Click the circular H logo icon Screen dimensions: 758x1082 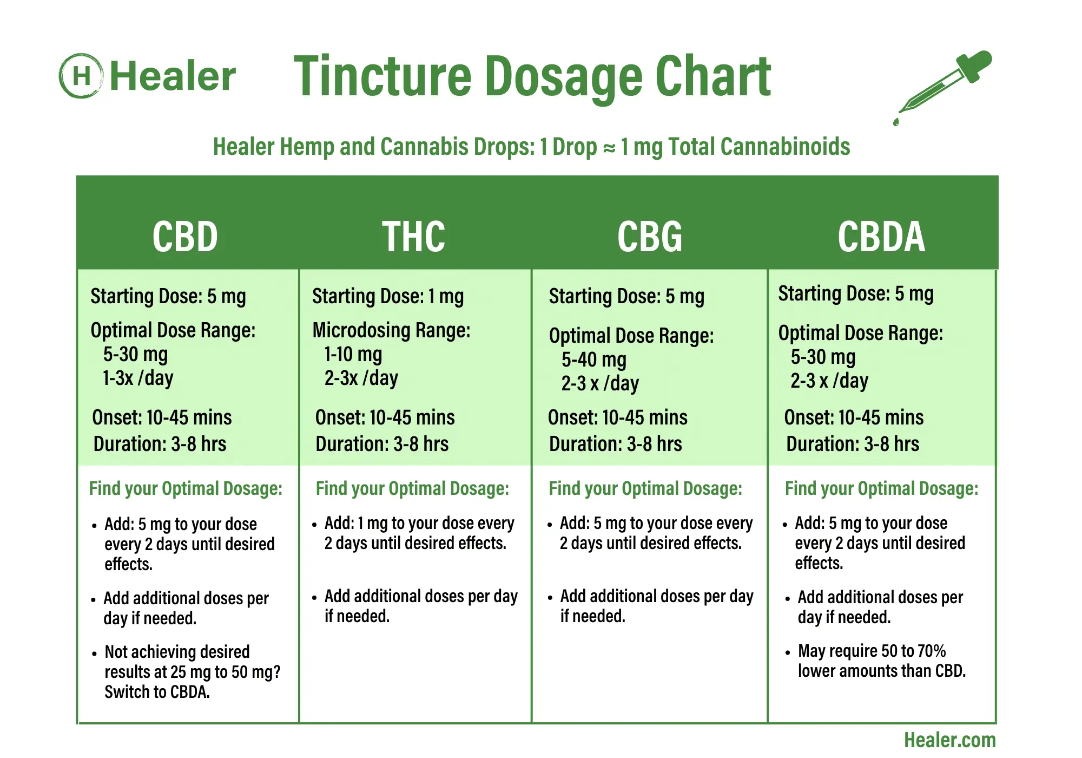click(x=81, y=76)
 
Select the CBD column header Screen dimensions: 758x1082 click(x=185, y=237)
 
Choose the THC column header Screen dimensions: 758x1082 click(x=414, y=237)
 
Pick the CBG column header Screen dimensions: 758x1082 click(x=650, y=237)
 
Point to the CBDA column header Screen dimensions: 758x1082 click(x=881, y=237)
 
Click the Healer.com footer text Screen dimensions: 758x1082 click(x=949, y=740)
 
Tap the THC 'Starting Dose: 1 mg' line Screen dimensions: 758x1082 click(x=388, y=296)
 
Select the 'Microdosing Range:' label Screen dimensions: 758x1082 click(x=391, y=330)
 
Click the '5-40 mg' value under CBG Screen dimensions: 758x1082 click(x=593, y=360)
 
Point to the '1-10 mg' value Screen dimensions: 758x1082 click(x=353, y=355)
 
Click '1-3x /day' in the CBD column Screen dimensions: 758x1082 click(x=138, y=378)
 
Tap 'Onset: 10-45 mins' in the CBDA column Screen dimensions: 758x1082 click(x=854, y=417)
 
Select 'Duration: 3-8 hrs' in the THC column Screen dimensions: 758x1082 click(x=382, y=444)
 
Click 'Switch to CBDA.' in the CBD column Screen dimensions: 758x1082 click(x=157, y=692)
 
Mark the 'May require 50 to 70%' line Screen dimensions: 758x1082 click(x=872, y=651)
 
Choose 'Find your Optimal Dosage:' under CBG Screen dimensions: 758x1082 click(x=645, y=488)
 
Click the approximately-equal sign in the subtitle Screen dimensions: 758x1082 click(x=609, y=148)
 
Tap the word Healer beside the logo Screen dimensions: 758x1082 click(x=173, y=76)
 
